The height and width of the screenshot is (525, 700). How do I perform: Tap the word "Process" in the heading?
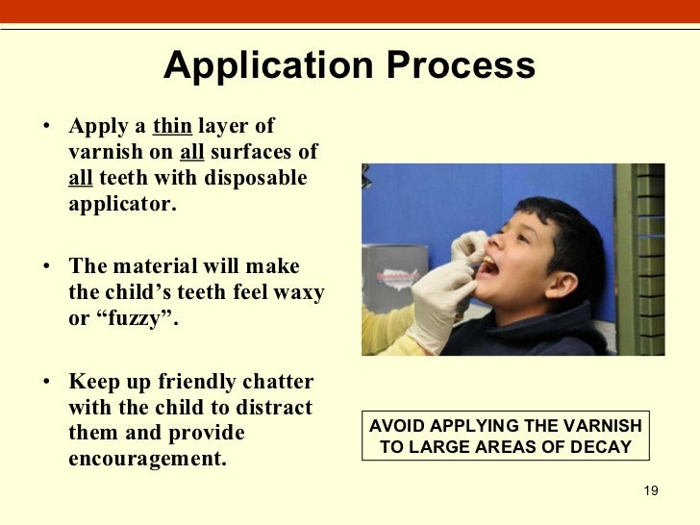(x=462, y=66)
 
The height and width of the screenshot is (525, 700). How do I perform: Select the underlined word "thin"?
(x=172, y=126)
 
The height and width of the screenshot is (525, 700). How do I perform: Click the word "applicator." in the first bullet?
(x=122, y=205)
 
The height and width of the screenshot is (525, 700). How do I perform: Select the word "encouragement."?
(x=147, y=459)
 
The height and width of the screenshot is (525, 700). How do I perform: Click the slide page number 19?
(x=650, y=491)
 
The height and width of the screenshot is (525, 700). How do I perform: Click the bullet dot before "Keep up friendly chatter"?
(x=46, y=382)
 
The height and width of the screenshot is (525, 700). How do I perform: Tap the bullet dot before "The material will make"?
(x=46, y=267)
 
